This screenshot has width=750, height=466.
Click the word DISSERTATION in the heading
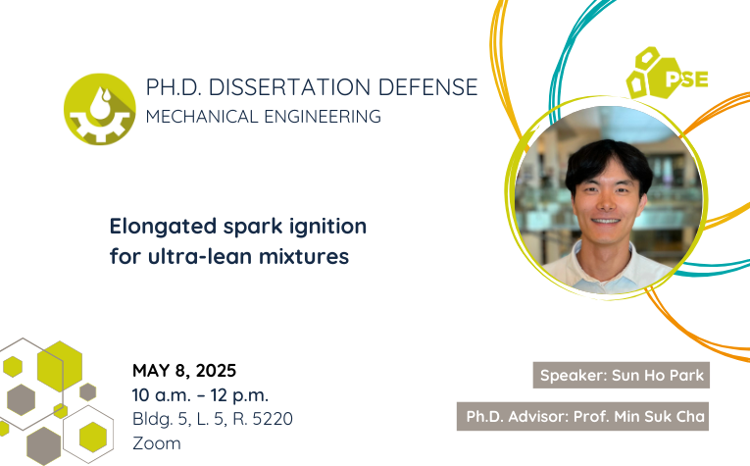coord(289,87)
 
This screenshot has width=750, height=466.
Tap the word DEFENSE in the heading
coord(427,87)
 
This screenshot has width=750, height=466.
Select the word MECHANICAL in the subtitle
coord(202,117)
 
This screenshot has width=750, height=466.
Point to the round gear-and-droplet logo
coord(99,109)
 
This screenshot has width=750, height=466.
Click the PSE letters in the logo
coord(687,79)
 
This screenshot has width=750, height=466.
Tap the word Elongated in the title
coord(163,227)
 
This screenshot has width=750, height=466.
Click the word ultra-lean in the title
coord(200,256)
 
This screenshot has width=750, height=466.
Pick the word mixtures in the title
coord(304,256)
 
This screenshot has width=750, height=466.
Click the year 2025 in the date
coord(216,370)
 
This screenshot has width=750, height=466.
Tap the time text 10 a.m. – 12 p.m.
coord(200,395)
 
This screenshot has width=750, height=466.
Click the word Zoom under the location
coord(157,443)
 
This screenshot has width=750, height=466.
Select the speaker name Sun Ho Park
coord(658,375)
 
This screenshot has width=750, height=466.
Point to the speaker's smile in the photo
coord(605,221)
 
